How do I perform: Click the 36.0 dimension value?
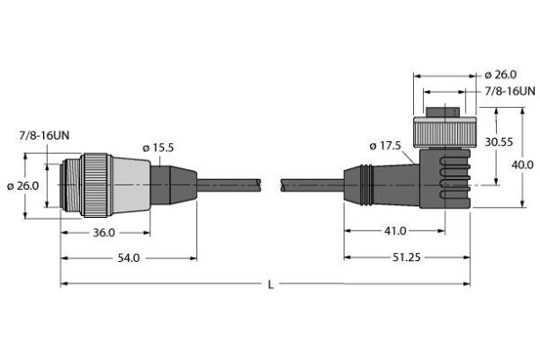point(104,233)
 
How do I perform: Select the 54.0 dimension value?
point(129,258)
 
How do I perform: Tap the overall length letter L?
point(271,285)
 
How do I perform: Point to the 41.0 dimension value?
point(395,230)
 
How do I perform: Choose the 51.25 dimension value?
point(407,257)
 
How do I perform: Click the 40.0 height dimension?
point(522,165)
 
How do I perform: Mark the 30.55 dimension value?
point(499,142)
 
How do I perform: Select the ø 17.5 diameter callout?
point(385,146)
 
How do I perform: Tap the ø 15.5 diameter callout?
point(158,148)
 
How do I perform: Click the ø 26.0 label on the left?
point(23,186)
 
